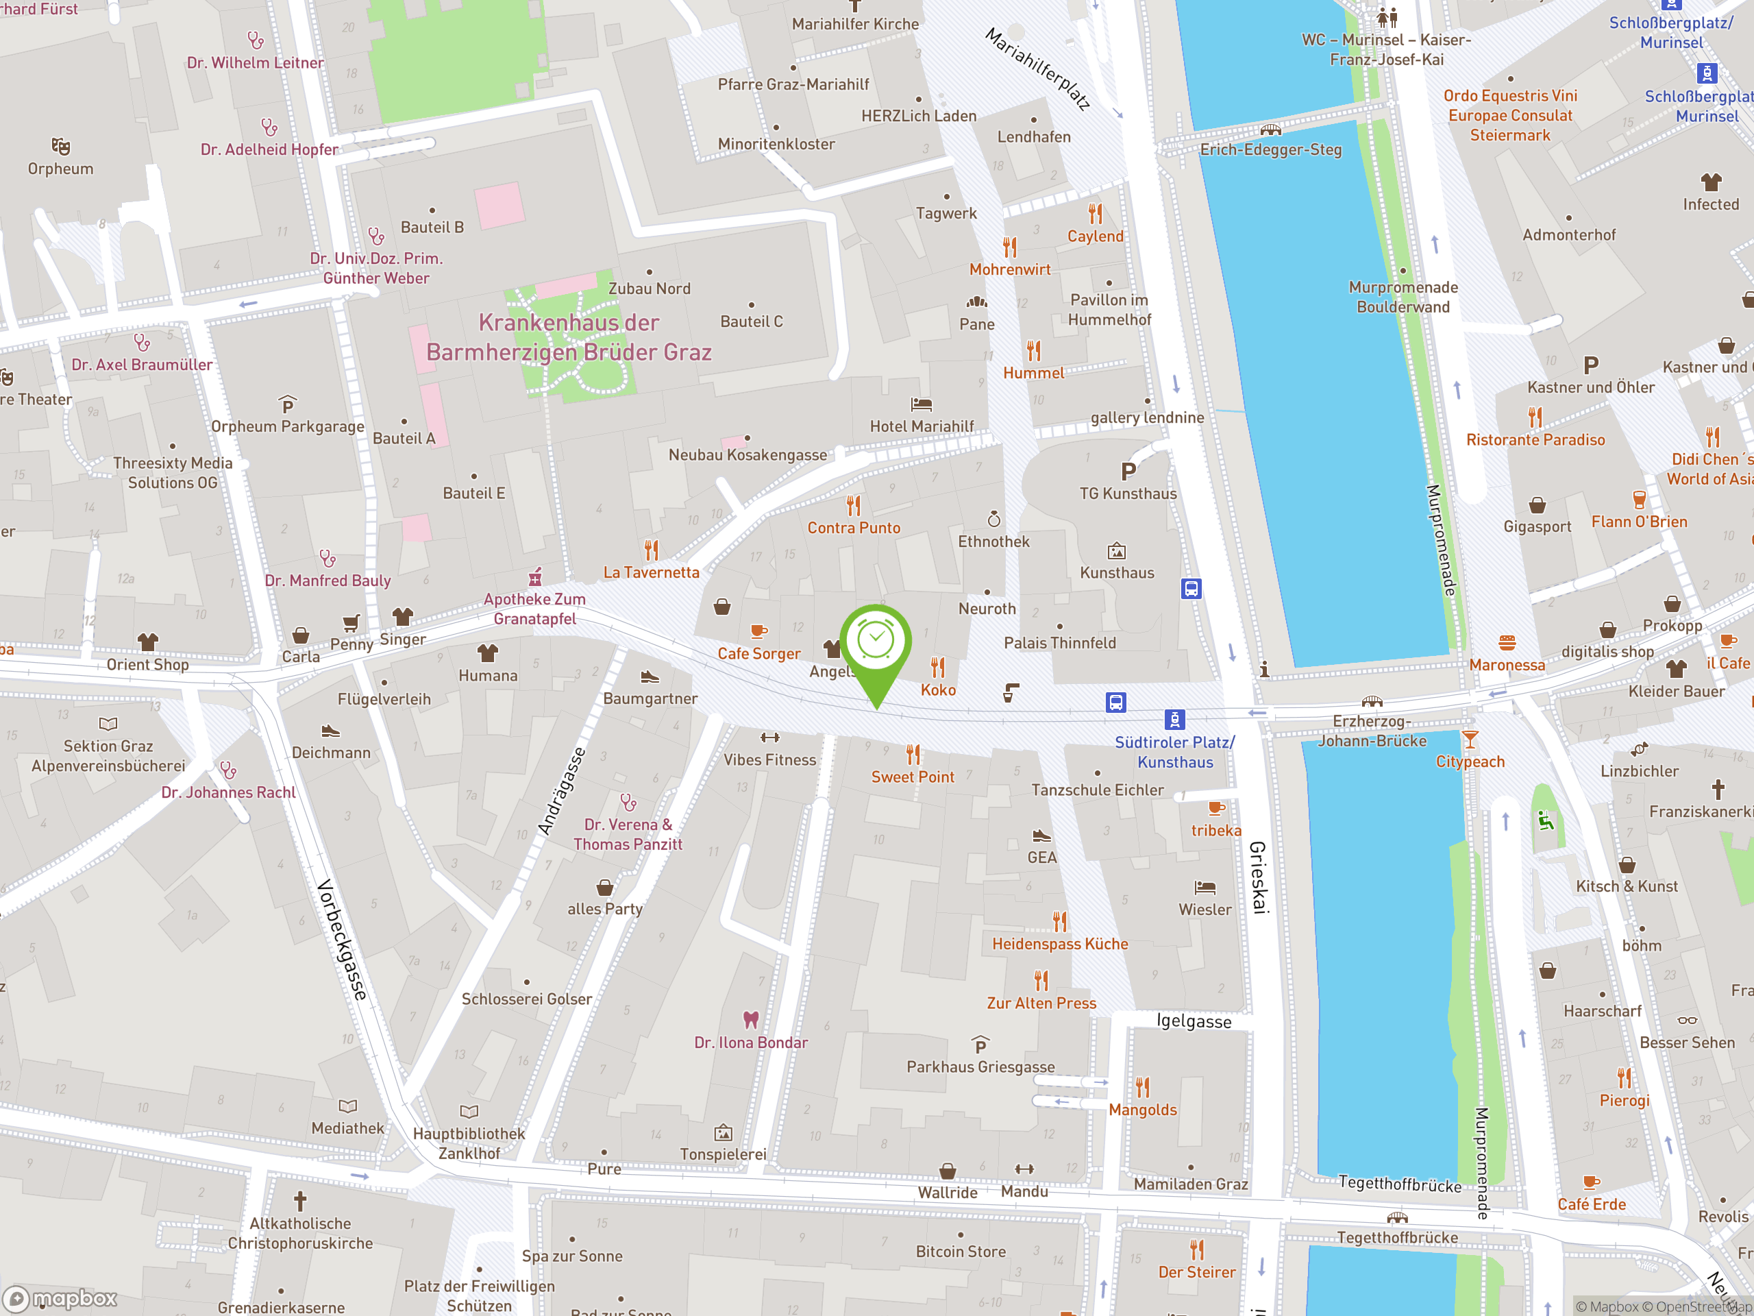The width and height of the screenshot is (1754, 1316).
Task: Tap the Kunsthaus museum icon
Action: pyautogui.click(x=1117, y=551)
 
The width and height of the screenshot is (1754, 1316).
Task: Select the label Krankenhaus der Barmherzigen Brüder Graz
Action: pyautogui.click(x=569, y=337)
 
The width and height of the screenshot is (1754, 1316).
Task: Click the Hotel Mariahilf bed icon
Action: pyautogui.click(x=922, y=404)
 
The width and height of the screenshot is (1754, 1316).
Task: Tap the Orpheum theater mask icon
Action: pyautogui.click(x=60, y=146)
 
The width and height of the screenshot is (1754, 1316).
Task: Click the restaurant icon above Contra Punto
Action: pyautogui.click(x=853, y=505)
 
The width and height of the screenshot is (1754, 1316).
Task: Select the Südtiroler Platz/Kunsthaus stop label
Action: pyautogui.click(x=1174, y=752)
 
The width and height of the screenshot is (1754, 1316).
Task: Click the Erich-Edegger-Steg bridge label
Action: pyautogui.click(x=1270, y=150)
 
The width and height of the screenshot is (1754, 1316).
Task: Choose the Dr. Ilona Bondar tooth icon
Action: pyautogui.click(x=750, y=1019)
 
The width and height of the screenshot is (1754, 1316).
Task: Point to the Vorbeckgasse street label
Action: pyautogui.click(x=343, y=939)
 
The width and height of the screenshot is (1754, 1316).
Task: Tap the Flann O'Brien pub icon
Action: pyautogui.click(x=1639, y=500)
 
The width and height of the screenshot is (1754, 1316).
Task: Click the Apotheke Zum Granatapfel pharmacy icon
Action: pyautogui.click(x=535, y=576)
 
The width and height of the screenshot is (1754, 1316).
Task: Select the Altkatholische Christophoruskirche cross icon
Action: pyautogui.click(x=299, y=1201)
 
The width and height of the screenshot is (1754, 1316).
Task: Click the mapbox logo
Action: pyautogui.click(x=60, y=1299)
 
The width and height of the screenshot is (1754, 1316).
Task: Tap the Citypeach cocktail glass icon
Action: pyautogui.click(x=1470, y=740)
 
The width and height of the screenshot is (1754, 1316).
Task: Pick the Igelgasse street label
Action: pyautogui.click(x=1194, y=1021)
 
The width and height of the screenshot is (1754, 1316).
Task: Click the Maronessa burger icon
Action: pyautogui.click(x=1507, y=642)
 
